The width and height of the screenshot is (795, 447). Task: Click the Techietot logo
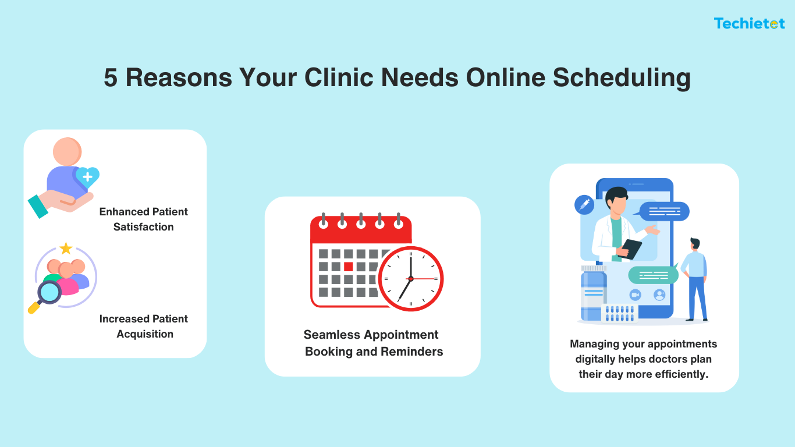(x=750, y=23)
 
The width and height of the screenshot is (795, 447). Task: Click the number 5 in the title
(x=110, y=78)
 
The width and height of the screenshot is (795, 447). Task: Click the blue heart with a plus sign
(x=87, y=176)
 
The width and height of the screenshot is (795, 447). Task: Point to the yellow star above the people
(x=66, y=249)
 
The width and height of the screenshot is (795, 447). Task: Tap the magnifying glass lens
(x=49, y=292)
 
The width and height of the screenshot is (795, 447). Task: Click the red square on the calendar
(x=349, y=267)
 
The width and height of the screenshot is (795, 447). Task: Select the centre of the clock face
(x=411, y=279)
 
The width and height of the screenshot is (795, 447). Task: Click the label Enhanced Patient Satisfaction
(x=144, y=219)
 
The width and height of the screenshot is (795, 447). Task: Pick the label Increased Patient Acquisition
(x=144, y=327)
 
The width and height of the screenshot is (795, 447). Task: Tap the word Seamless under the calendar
(x=330, y=335)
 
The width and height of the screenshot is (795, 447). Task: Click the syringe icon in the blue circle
(x=584, y=204)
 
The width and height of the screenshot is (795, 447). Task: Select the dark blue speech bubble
(x=664, y=211)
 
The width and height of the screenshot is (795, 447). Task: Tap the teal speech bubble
(x=653, y=275)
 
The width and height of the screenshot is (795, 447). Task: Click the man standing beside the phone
(x=695, y=279)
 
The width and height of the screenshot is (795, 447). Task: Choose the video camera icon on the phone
(x=635, y=295)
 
